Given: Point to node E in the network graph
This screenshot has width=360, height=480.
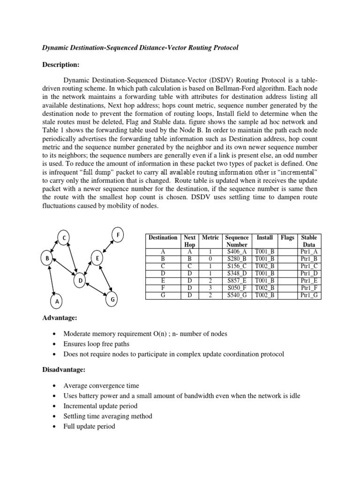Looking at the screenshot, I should coord(97,259).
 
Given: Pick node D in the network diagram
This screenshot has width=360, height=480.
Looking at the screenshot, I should coord(80,281).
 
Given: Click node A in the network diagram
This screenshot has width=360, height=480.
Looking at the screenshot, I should coord(57,302).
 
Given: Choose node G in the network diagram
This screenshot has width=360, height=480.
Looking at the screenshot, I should coord(112,299).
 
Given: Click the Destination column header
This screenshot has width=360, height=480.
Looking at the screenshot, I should coord(163,238).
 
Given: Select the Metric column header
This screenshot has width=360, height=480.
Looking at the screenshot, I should coord(210,238).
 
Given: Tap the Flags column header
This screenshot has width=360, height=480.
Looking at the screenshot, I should coord(287,238).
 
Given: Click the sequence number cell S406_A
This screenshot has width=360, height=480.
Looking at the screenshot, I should coord(237,251).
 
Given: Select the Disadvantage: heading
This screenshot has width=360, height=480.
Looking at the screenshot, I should coord(63,370).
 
